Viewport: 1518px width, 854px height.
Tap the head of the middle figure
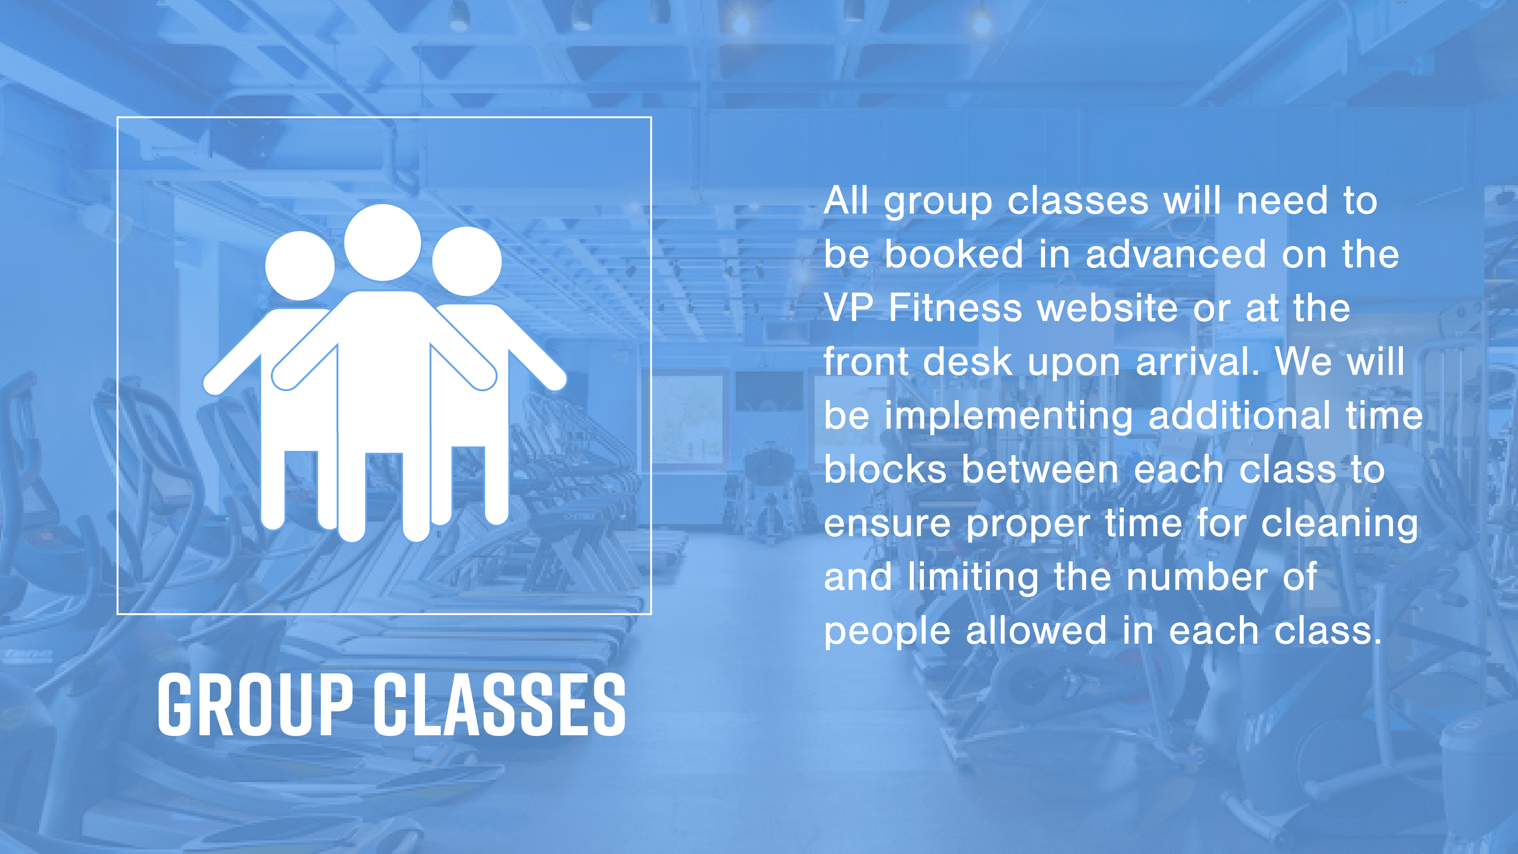(382, 242)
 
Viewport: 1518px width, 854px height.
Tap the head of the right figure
(467, 261)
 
